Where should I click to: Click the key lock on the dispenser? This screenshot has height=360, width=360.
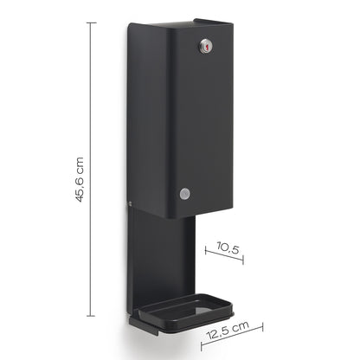[x=206, y=46]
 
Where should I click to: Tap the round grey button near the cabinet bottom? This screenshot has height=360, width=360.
[x=185, y=194]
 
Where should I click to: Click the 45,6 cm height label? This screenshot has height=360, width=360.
[x=78, y=179]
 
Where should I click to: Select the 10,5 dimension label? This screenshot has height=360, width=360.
[x=228, y=247]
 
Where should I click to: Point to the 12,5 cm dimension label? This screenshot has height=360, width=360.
[x=228, y=330]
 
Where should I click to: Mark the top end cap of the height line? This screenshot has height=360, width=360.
[x=91, y=22]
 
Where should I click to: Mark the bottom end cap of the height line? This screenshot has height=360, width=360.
[x=91, y=316]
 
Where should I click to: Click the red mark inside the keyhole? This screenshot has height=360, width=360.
[x=206, y=46]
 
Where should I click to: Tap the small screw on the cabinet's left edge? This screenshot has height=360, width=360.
[x=130, y=203]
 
